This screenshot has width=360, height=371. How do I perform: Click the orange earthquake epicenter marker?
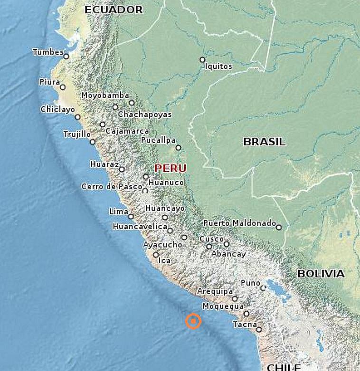pos(193,321)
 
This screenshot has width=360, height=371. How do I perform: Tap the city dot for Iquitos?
pos(202,60)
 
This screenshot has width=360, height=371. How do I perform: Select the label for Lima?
pos(119,211)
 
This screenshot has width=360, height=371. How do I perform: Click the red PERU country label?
pos(171,168)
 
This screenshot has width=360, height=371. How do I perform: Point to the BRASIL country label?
pos(265,141)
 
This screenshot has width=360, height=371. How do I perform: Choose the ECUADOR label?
pos(114,9)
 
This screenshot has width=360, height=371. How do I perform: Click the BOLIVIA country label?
pos(321,273)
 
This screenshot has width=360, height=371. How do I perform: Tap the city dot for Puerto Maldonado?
pos(279,227)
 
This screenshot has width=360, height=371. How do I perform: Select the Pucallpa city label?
pos(158,140)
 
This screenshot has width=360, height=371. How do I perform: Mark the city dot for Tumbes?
pos(66,56)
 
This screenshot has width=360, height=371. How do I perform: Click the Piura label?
pos(49,82)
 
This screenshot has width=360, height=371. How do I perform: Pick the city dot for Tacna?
pos(259,329)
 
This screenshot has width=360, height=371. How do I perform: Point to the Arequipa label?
pos(215,291)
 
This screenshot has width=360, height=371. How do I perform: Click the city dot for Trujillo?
pos(93,141)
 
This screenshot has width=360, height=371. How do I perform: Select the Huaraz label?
pos(104,164)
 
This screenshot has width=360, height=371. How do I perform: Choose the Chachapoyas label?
pos(145,114)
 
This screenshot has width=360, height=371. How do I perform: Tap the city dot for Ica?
pos(156,255)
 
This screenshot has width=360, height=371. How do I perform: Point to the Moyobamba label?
pos(105,95)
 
